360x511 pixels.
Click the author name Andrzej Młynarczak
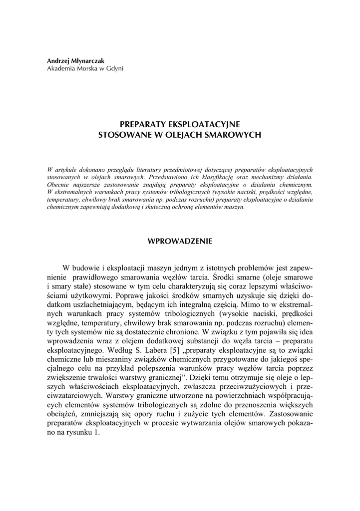(x=73, y=60)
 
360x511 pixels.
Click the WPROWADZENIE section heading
(x=180, y=241)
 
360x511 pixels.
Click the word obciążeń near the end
(x=63, y=414)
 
